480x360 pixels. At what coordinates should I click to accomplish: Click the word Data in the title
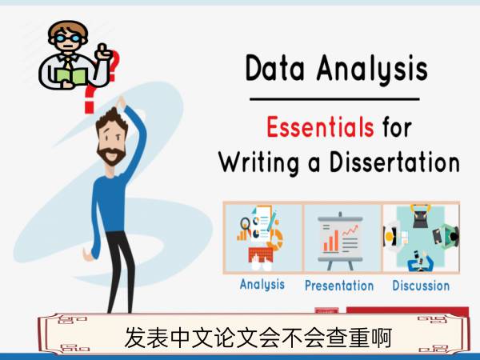[x=274, y=68]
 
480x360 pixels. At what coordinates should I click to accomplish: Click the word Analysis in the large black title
[x=372, y=70]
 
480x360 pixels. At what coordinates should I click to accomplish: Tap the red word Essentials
[x=320, y=126]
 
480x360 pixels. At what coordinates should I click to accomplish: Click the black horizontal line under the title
[x=334, y=99]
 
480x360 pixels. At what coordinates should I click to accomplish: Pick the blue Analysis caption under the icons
[x=262, y=285]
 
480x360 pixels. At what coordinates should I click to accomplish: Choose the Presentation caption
[x=339, y=286]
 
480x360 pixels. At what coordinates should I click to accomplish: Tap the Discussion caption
[x=421, y=286]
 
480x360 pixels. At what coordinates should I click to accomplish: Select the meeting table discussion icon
[x=422, y=238]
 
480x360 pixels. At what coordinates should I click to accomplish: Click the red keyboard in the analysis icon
[x=261, y=254]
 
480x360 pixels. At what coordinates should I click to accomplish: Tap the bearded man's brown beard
[x=111, y=155]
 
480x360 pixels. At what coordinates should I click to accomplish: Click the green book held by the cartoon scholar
[x=71, y=76]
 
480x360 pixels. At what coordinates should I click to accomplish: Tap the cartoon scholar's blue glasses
[x=69, y=39]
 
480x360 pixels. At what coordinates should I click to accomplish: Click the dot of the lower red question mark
[x=89, y=107]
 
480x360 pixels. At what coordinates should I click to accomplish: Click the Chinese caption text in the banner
[x=258, y=338]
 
